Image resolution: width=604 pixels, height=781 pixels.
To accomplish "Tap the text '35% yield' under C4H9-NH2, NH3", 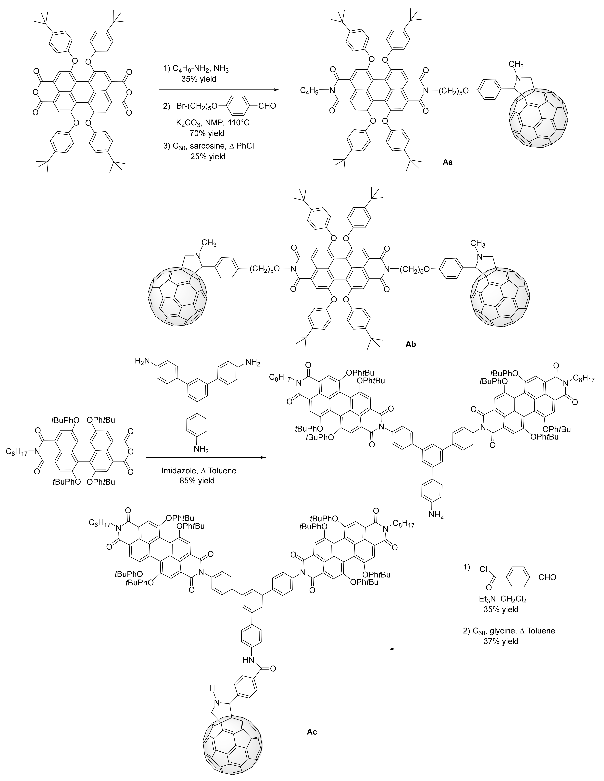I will click(x=203, y=79).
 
